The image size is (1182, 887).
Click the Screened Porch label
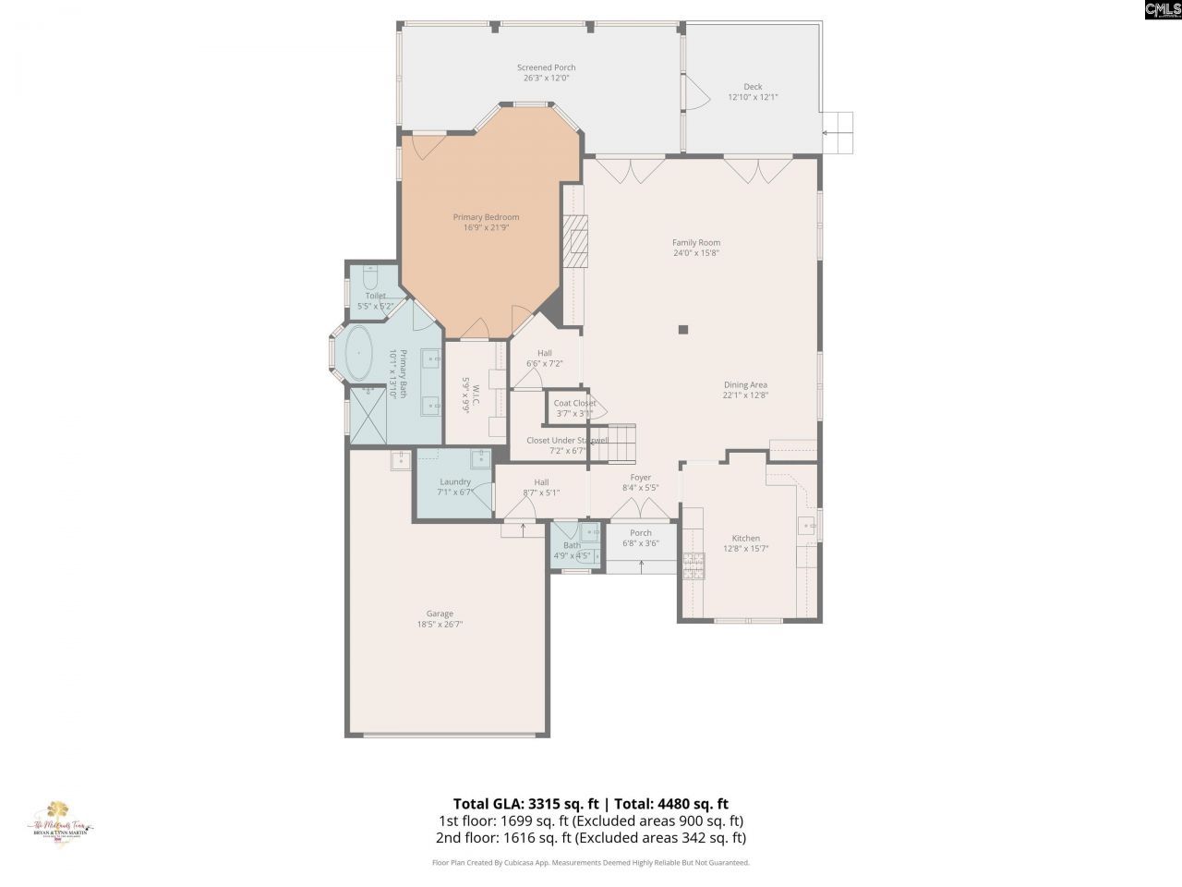coord(546,67)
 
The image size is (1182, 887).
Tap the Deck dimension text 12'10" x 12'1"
coord(753,97)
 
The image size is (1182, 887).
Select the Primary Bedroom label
coord(486,217)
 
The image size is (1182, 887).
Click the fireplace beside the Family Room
coord(577,242)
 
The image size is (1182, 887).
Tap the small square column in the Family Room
coord(683,329)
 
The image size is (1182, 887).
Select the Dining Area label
coord(744,385)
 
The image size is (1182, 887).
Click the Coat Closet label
coord(574,403)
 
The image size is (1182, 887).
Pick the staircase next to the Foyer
coord(615,443)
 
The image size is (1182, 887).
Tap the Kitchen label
coord(745,538)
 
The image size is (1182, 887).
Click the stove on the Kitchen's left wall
coord(693,565)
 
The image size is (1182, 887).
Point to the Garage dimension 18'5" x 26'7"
coord(440,625)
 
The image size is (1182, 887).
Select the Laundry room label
coord(455,481)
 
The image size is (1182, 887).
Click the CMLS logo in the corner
coord(1162,10)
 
